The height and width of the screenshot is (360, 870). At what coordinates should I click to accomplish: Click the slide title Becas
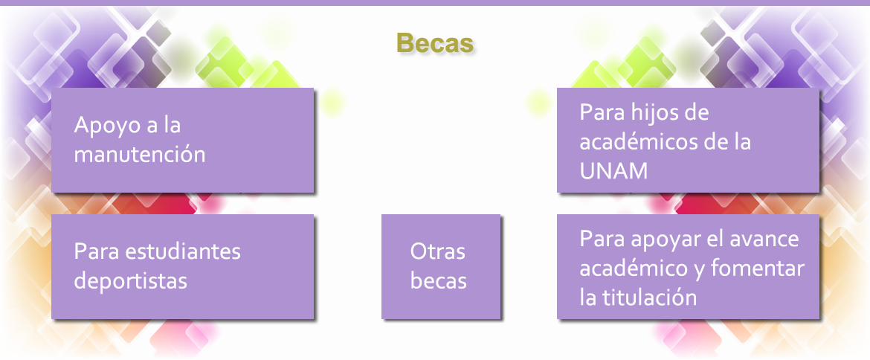(435, 43)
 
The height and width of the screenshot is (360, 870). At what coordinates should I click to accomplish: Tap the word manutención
(140, 154)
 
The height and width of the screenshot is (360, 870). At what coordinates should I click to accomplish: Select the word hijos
(651, 113)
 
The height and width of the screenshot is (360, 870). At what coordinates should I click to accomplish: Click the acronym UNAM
(613, 171)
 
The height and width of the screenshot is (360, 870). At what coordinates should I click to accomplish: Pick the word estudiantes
(182, 251)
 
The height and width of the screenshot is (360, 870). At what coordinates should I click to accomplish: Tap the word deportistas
(130, 280)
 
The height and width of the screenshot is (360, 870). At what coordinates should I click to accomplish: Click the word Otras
(438, 251)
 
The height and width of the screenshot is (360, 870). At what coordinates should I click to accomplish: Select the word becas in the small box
(438, 280)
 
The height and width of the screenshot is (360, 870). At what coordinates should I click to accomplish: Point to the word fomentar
(757, 269)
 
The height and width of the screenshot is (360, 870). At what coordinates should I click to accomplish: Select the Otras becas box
(440, 266)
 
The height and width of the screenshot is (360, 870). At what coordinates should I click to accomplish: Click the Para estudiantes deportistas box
(182, 266)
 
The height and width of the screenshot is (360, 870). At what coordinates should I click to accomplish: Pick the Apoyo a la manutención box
(182, 141)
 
